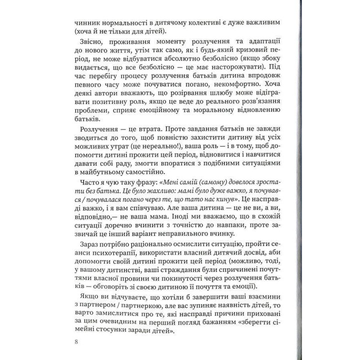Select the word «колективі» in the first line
196,24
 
